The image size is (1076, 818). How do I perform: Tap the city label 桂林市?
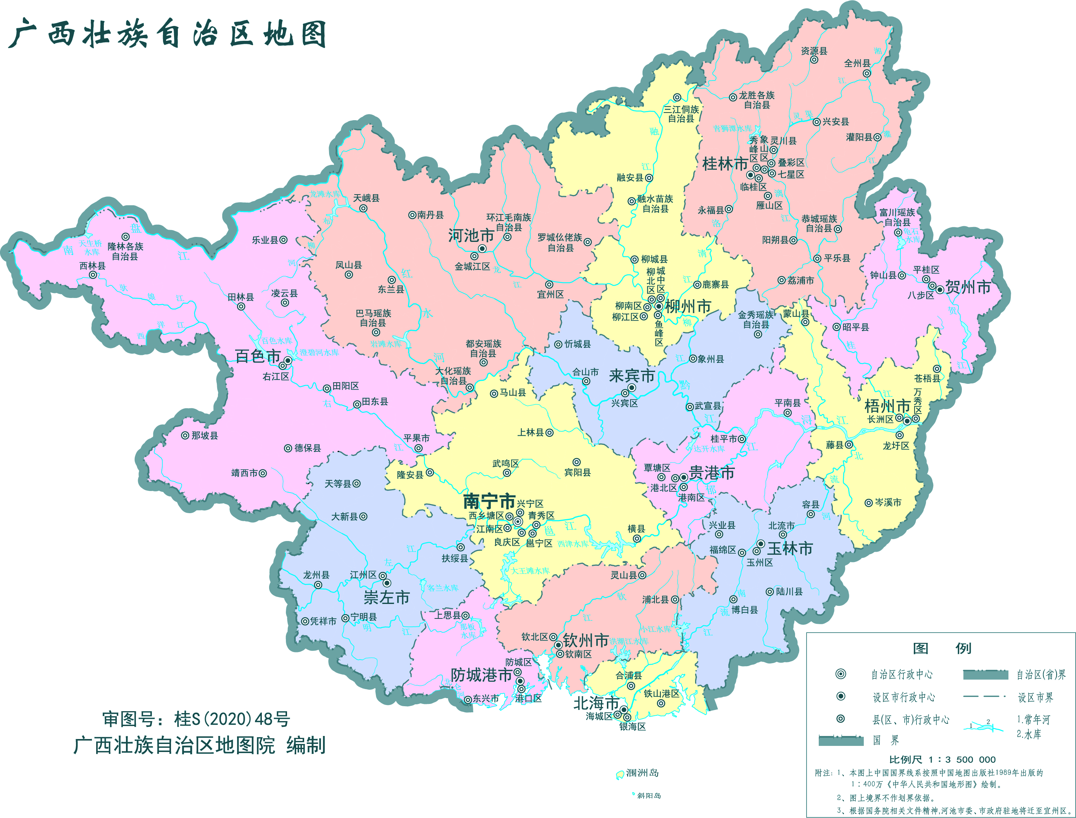tap(724, 164)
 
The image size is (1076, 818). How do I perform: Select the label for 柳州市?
tap(688, 306)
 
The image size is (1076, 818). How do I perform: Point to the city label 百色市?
tap(258, 356)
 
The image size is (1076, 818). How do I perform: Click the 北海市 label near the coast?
tap(596, 703)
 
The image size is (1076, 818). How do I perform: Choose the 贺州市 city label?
tap(968, 287)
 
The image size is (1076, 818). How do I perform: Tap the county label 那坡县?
tap(205, 436)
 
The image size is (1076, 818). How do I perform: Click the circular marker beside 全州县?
tap(866, 74)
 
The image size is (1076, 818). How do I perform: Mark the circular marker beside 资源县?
tap(813, 60)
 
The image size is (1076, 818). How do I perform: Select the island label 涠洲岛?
tap(642, 773)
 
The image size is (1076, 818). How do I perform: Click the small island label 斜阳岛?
tap(649, 795)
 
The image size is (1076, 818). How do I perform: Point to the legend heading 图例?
tap(941, 648)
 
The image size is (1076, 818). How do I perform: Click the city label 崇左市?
tap(386, 597)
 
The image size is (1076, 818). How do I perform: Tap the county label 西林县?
tap(92, 266)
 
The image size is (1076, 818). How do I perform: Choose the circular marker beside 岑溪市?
tap(868, 503)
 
